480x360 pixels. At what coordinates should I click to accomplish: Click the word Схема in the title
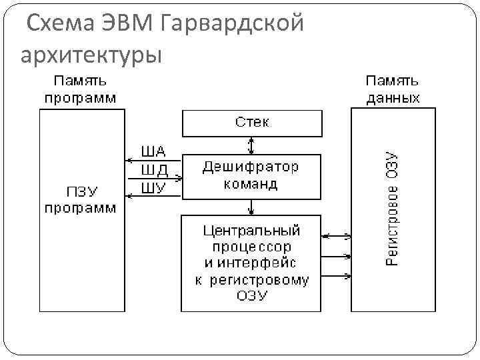(61, 24)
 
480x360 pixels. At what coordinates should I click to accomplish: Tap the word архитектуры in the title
(91, 55)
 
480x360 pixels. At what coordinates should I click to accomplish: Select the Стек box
(252, 123)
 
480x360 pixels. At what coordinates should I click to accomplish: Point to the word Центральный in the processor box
(251, 231)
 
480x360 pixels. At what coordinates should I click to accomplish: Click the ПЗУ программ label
(80, 200)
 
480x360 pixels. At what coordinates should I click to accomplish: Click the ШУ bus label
(153, 187)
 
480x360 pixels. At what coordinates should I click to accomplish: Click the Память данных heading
(393, 89)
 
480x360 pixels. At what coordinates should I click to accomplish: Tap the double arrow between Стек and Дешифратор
(251, 145)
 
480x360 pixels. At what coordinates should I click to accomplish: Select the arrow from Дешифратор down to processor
(251, 207)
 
